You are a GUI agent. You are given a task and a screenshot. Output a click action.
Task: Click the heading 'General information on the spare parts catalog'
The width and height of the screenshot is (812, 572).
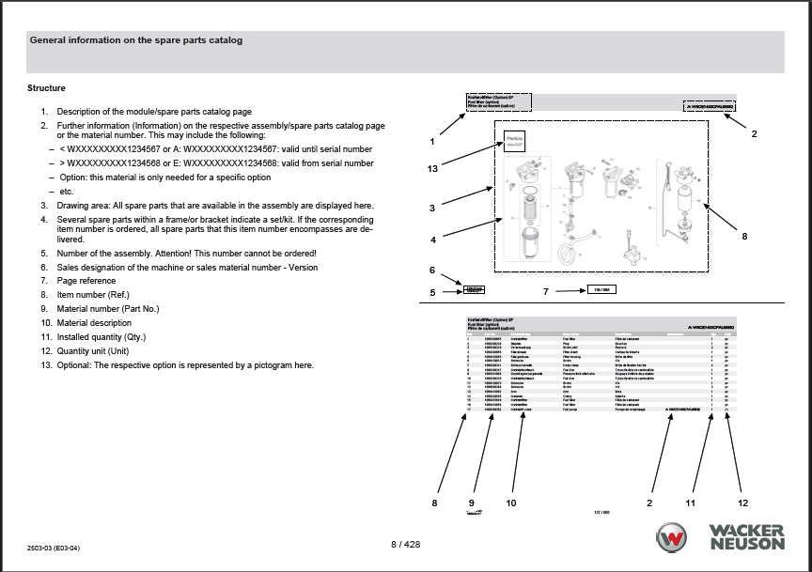(x=136, y=40)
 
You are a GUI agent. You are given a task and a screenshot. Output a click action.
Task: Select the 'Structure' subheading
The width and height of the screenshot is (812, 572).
(x=46, y=88)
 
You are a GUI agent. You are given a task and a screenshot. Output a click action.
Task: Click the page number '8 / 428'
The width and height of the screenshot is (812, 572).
(x=406, y=544)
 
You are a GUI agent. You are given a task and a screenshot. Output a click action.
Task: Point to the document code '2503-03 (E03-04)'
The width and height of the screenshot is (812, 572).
(x=55, y=548)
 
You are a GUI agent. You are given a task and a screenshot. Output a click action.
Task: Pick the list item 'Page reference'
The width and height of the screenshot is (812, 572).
(x=86, y=281)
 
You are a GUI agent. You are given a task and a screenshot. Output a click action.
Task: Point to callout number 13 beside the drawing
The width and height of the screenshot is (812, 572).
(x=432, y=168)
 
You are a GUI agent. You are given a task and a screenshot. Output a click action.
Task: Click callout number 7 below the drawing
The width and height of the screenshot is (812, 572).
(x=545, y=292)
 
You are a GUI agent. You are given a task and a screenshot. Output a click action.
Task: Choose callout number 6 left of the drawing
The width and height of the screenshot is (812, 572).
(x=432, y=271)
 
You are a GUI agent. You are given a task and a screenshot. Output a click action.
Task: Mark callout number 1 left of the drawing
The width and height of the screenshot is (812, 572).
(x=431, y=142)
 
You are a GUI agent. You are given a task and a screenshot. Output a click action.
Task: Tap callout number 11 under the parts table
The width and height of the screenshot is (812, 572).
(x=690, y=503)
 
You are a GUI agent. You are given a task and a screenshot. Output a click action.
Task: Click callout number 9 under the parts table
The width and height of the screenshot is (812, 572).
(x=471, y=503)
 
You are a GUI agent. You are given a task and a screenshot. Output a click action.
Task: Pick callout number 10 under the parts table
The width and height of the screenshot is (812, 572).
(x=511, y=503)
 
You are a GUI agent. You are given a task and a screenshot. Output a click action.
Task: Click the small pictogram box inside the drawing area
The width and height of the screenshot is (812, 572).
(x=513, y=140)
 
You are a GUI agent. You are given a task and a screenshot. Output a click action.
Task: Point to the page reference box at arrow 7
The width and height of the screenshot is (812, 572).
(x=601, y=289)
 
